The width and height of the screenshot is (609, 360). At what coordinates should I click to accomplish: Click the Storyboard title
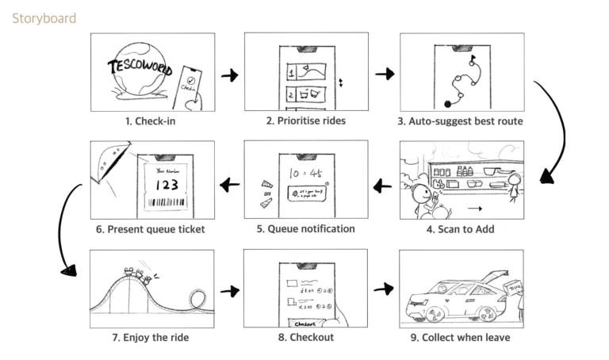click(x=44, y=17)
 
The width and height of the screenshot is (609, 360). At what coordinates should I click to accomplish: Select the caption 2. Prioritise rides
click(x=305, y=121)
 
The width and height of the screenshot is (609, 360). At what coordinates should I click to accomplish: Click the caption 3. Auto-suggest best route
click(x=461, y=122)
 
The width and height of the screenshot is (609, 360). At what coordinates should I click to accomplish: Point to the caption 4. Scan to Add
click(x=461, y=230)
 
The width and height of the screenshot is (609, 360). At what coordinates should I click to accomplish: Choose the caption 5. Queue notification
click(x=305, y=229)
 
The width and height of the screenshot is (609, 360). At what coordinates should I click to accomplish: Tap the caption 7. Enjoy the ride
click(x=151, y=337)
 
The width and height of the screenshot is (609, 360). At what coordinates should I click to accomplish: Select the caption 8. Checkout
click(x=305, y=337)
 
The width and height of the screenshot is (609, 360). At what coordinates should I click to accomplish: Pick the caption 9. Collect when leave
click(x=460, y=337)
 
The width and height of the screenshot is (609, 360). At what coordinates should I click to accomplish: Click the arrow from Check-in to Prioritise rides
click(x=229, y=75)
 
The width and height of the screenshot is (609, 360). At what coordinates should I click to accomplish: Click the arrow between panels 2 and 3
click(x=385, y=74)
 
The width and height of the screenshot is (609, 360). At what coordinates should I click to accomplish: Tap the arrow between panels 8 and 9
click(x=385, y=289)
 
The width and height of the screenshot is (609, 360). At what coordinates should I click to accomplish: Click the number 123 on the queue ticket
click(x=166, y=185)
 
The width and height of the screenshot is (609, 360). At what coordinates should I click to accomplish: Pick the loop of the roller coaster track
click(x=196, y=301)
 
